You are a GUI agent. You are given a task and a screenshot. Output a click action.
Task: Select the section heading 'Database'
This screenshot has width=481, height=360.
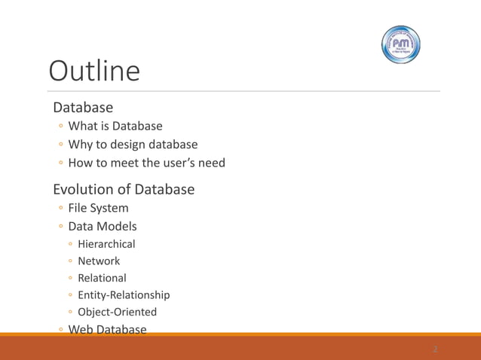(83, 107)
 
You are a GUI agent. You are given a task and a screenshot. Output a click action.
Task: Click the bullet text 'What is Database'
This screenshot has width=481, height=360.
(115, 126)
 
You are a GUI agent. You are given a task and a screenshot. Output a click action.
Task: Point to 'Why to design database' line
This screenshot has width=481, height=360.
(133, 144)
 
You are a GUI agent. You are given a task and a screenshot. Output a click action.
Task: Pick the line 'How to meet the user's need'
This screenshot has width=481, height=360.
(146, 163)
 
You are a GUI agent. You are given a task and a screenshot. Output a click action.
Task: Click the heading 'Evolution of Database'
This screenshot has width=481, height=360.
(124, 189)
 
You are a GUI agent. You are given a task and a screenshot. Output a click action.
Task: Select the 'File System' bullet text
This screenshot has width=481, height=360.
(98, 208)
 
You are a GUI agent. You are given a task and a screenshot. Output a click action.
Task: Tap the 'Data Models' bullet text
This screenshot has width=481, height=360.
(103, 226)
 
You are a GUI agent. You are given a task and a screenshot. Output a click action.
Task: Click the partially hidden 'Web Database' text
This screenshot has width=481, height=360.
(106, 328)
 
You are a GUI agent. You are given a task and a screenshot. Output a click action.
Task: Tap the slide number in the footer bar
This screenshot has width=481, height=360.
(435, 349)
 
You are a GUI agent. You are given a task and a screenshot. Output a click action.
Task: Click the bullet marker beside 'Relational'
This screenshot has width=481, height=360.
(69, 279)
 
